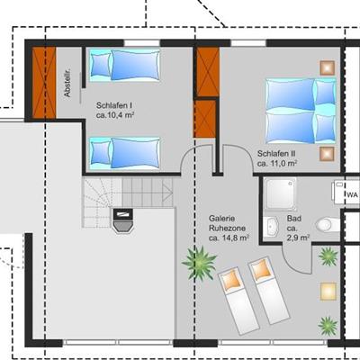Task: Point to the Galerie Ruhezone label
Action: (x=227, y=223)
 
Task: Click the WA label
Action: (x=352, y=195)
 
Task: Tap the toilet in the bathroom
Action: (x=328, y=224)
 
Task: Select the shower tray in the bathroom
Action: (x=281, y=193)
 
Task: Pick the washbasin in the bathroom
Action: (x=273, y=227)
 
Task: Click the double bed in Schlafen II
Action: (x=301, y=111)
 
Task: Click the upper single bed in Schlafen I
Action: (x=124, y=65)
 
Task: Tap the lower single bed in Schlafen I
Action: (x=124, y=153)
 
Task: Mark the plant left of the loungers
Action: (x=199, y=263)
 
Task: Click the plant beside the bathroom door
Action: (x=328, y=256)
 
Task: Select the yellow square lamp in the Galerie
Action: (x=328, y=291)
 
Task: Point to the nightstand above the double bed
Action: (x=327, y=67)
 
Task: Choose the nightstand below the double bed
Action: (x=327, y=154)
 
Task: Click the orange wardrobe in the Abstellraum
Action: (x=44, y=83)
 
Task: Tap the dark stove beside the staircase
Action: (x=122, y=220)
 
